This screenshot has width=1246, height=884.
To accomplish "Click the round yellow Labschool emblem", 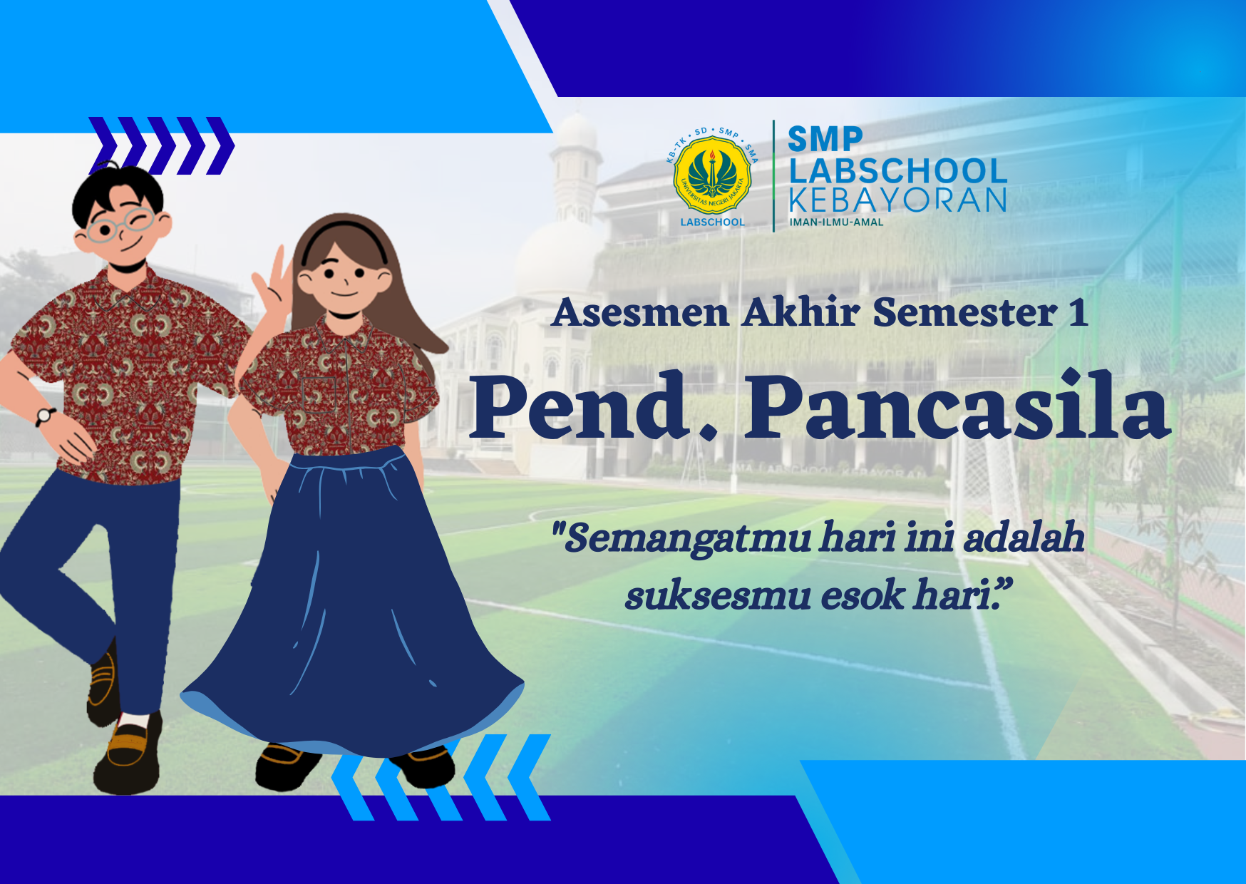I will pos(712,175).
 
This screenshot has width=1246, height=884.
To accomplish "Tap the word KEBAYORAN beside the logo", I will pos(897,201).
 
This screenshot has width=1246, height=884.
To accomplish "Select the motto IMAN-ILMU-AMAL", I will pos(836,222).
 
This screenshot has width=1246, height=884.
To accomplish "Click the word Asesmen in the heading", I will pos(641,313).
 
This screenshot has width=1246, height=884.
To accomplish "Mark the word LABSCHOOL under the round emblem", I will pos(712,222).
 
